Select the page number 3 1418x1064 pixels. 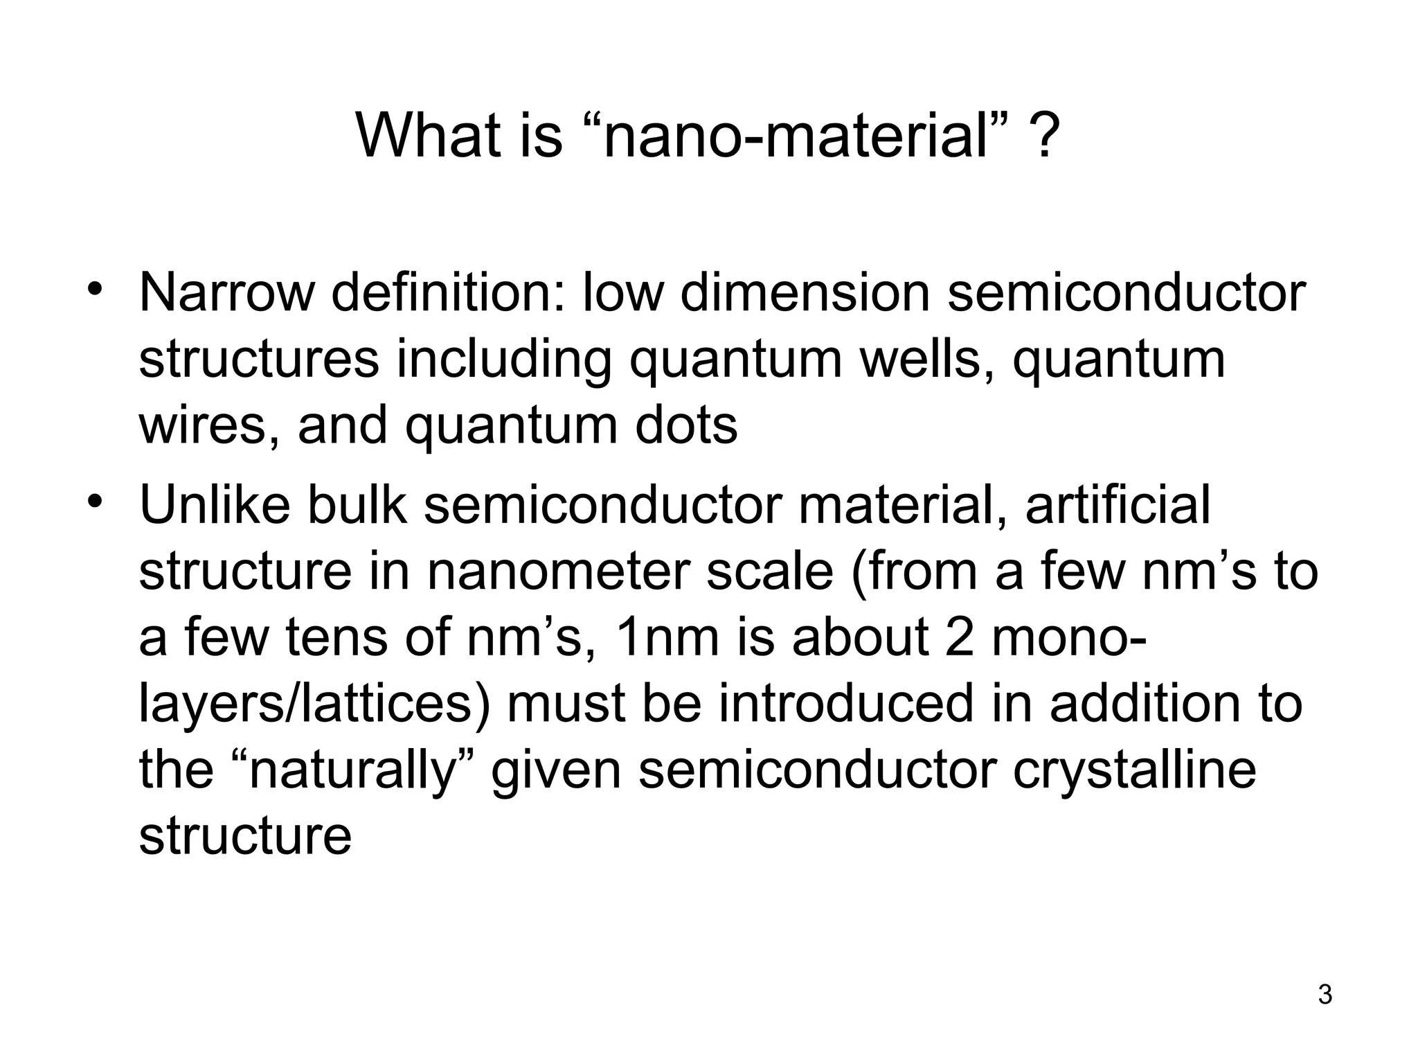coord(1325,995)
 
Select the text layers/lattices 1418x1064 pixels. coord(314,704)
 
